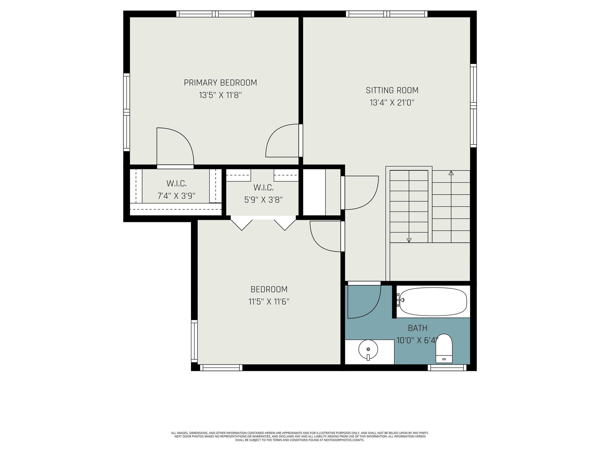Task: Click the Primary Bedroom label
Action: [x=220, y=82]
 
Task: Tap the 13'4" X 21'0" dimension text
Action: [x=392, y=103]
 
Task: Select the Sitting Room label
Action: [x=392, y=90]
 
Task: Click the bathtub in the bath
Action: [x=433, y=302]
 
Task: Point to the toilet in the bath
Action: [x=444, y=349]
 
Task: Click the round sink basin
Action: [x=368, y=349]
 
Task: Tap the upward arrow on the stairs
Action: [x=451, y=173]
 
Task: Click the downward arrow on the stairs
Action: [x=409, y=240]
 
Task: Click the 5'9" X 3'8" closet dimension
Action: [x=263, y=200]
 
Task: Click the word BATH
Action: [x=417, y=328]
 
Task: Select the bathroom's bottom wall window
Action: [x=447, y=368]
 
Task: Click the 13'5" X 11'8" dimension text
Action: [x=220, y=95]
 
